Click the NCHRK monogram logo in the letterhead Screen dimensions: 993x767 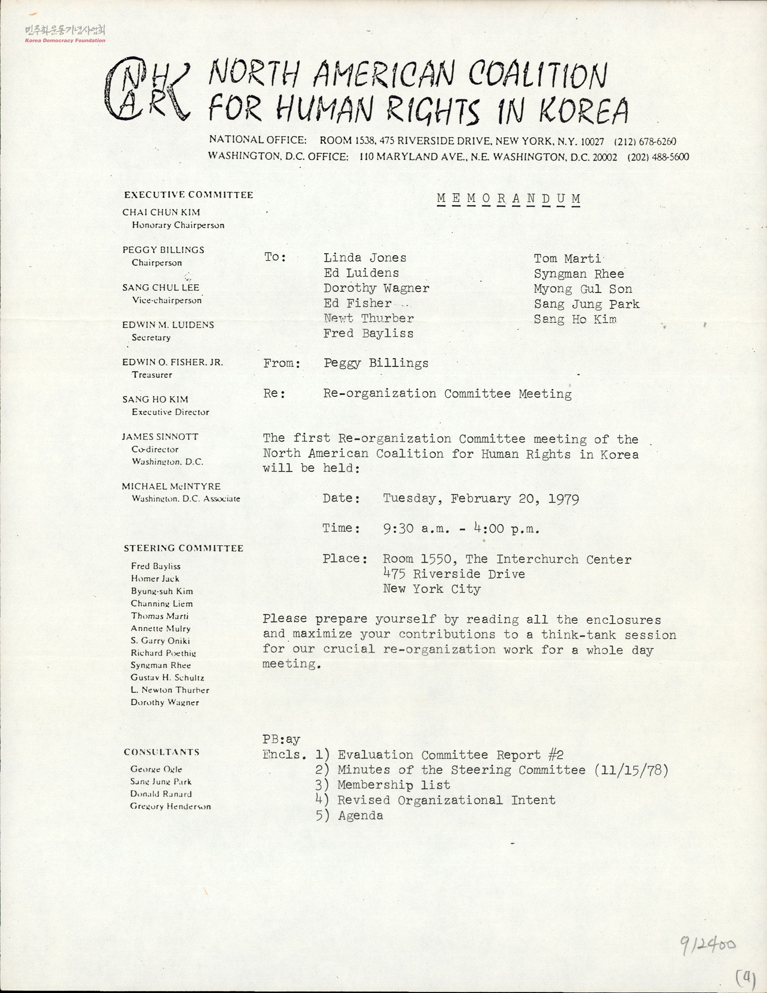148,89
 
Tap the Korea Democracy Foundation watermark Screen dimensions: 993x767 65,34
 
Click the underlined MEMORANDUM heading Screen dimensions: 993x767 508,199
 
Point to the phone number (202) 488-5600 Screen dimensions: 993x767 658,157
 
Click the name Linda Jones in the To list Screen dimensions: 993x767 365,258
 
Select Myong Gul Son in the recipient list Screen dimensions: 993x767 583,289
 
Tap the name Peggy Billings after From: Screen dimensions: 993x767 376,363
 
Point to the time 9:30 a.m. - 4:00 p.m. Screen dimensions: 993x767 461,529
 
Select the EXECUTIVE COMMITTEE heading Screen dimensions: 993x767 188,195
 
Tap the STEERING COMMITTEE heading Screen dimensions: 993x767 183,548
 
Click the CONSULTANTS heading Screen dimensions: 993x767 162,752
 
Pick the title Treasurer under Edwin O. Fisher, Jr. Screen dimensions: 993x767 152,375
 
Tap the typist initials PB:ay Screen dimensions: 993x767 281,739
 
